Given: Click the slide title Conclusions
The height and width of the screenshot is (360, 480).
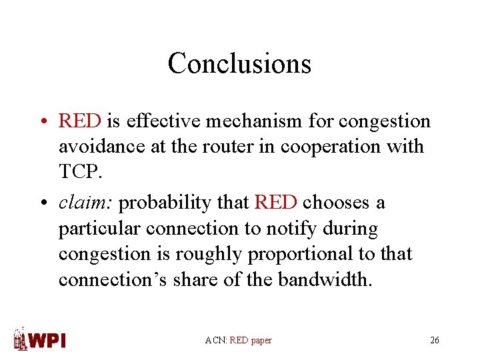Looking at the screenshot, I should [x=239, y=63].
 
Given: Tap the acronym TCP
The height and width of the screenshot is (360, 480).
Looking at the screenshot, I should [x=80, y=172].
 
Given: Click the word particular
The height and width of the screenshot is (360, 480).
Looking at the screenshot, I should [x=99, y=229].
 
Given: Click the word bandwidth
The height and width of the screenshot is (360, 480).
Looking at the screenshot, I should [x=325, y=280].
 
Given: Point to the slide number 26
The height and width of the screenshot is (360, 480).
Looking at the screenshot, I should [x=435, y=340].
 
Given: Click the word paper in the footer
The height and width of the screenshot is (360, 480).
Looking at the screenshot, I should [x=261, y=341].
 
